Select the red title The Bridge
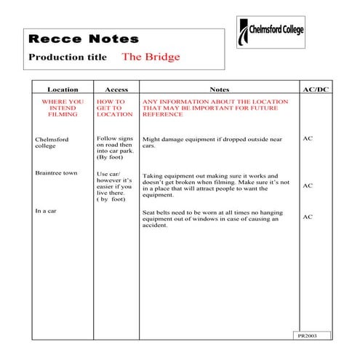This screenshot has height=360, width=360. [151, 56]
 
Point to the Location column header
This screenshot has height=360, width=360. [63, 89]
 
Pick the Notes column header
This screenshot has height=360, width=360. [219, 89]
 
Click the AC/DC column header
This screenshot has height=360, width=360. [314, 89]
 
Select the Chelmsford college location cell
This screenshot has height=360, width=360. [50, 141]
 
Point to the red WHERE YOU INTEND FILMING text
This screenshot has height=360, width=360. [63, 108]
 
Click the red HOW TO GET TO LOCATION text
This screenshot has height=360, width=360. [115, 108]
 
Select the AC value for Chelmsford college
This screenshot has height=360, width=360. [308, 137]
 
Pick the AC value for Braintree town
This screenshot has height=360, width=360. [308, 185]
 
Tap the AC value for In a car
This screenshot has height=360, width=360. [308, 217]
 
